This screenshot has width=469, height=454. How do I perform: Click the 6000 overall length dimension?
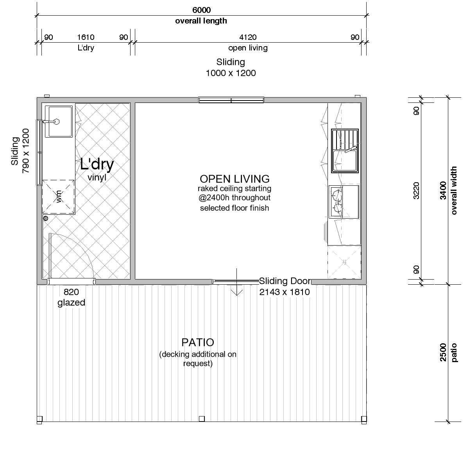[x=202, y=10]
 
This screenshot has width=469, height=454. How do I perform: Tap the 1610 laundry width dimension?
[x=86, y=37]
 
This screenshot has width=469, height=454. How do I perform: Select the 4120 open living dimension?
[x=248, y=37]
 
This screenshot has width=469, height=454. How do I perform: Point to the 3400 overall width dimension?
[x=443, y=190]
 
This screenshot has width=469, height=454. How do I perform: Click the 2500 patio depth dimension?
[x=443, y=352]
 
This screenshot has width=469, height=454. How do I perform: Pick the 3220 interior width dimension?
[x=416, y=190]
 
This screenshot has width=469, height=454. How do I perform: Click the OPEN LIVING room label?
[x=234, y=179]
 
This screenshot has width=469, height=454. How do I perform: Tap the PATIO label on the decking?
[x=198, y=342]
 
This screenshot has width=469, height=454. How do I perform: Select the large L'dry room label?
[x=97, y=165]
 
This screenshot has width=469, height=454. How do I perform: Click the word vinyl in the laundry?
[x=97, y=178]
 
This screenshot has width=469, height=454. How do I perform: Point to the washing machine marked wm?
[x=58, y=197]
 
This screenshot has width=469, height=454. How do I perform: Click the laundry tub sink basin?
[x=59, y=122]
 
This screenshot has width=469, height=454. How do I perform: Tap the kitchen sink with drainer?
[x=345, y=151]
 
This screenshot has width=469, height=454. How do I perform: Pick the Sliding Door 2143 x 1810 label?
[x=285, y=286]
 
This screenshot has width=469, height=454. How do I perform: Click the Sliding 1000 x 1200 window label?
[x=231, y=68]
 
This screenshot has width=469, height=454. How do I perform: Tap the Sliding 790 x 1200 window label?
[x=20, y=151]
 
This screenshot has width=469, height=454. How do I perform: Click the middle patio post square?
[x=202, y=419]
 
